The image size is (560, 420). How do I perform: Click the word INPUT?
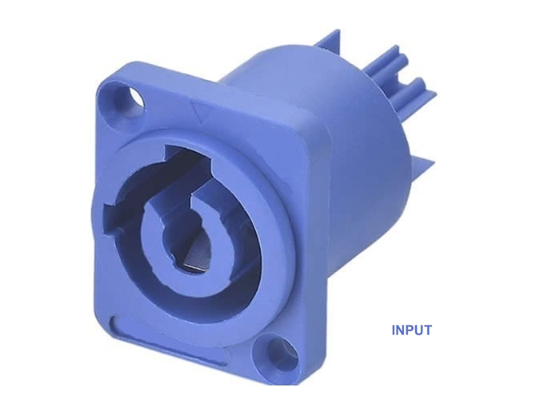411,330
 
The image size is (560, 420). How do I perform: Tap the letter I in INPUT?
394,330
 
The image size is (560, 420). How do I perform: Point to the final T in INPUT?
427,330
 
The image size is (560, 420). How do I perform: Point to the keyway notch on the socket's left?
111,218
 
